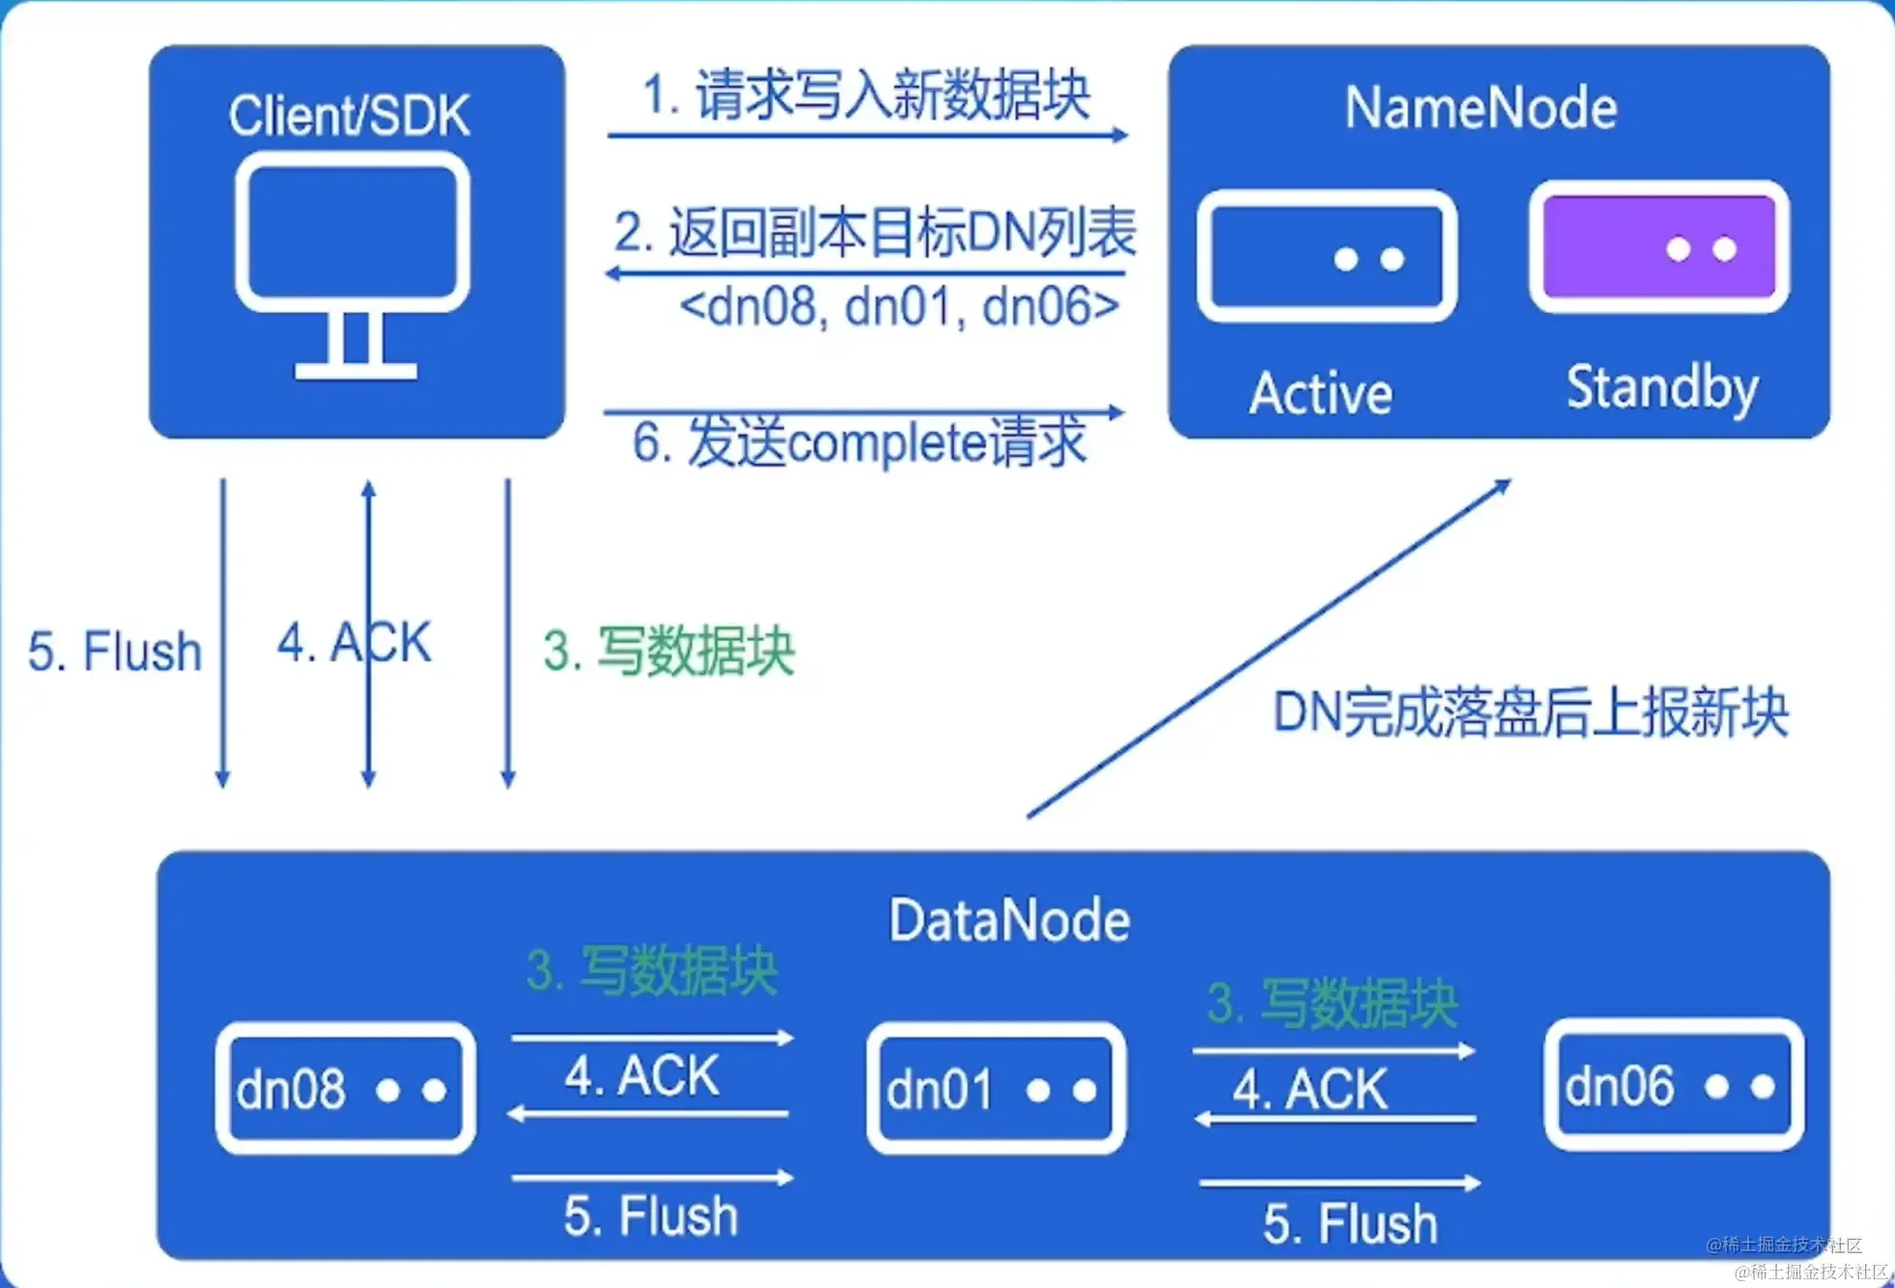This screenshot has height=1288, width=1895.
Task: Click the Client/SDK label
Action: pos(349,116)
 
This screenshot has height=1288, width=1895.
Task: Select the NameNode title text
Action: pos(1481,107)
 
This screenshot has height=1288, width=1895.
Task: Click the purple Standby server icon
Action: pos(1658,247)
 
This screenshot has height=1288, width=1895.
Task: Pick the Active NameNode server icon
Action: pos(1326,257)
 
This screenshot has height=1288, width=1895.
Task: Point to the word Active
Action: pos(1320,394)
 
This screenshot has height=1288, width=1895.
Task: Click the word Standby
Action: pos(1662,388)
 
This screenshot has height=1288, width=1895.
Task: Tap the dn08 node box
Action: pos(345,1088)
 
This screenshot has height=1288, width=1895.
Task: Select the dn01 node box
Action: pos(996,1088)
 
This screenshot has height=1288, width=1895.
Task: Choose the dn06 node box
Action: pos(1674,1085)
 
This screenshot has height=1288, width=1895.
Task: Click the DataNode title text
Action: pos(1009,920)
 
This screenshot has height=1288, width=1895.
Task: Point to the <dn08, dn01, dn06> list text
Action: pos(899,307)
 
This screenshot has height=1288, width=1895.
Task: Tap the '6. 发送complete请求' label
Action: pos(860,443)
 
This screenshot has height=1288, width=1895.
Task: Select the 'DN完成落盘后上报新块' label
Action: pos(1531,713)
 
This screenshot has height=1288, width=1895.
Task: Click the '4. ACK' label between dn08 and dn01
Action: pos(642,1076)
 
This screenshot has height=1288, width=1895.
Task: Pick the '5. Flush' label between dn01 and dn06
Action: pos(1350,1224)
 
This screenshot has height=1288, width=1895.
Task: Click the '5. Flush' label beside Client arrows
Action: pos(114,651)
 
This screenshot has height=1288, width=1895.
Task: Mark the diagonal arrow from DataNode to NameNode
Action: pos(1267,649)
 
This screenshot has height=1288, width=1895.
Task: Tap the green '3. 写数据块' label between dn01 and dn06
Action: pos(1333,1004)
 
